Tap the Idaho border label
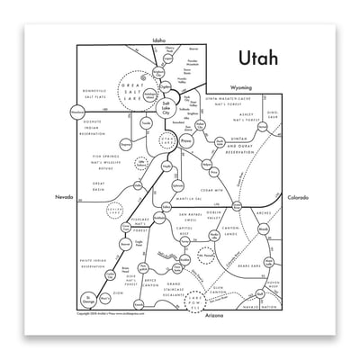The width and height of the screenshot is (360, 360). (x=159, y=40)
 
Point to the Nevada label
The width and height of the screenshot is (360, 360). (x=64, y=194)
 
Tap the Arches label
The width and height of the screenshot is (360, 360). (x=263, y=213)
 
